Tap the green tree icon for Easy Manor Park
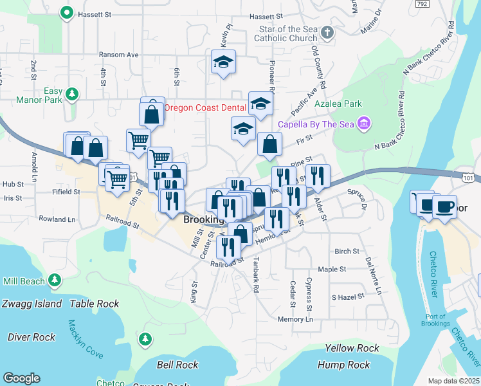point(72,95)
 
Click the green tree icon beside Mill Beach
point(55,280)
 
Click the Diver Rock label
point(31,336)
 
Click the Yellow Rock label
point(352,348)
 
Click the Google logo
point(21,378)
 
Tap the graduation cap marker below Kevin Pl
point(223,62)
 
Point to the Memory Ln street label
point(295,319)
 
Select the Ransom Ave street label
point(118,55)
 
